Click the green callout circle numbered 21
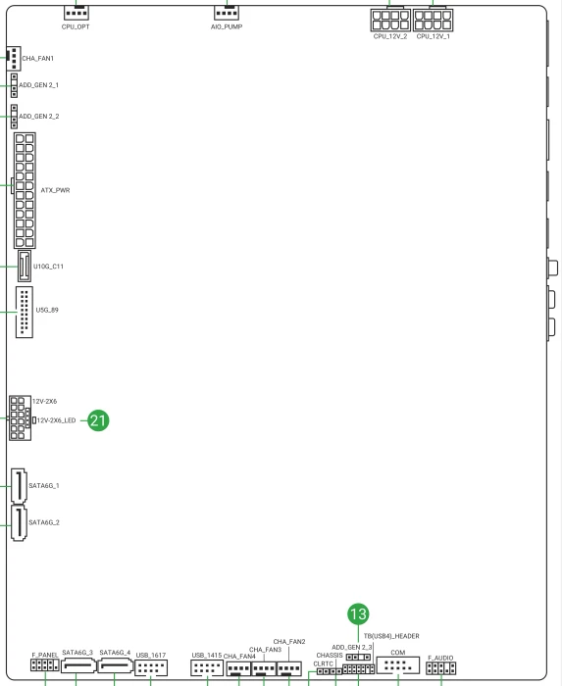[98, 420]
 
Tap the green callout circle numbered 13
[358, 613]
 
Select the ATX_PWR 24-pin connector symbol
[25, 190]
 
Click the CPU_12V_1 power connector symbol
[433, 21]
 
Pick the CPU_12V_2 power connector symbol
[390, 21]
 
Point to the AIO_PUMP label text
[227, 26]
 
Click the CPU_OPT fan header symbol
[77, 13]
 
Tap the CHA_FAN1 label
[37, 58]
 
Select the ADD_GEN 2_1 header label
[38, 85]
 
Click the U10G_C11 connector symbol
[25, 266]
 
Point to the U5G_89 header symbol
[25, 312]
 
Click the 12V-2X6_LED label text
[56, 420]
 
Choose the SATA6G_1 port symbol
[19, 486]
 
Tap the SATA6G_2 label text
[44, 522]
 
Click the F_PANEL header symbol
[45, 665]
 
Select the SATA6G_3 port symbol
[78, 666]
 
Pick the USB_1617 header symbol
[151, 668]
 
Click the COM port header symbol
[398, 665]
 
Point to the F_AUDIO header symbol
[440, 668]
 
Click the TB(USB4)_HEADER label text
[391, 636]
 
